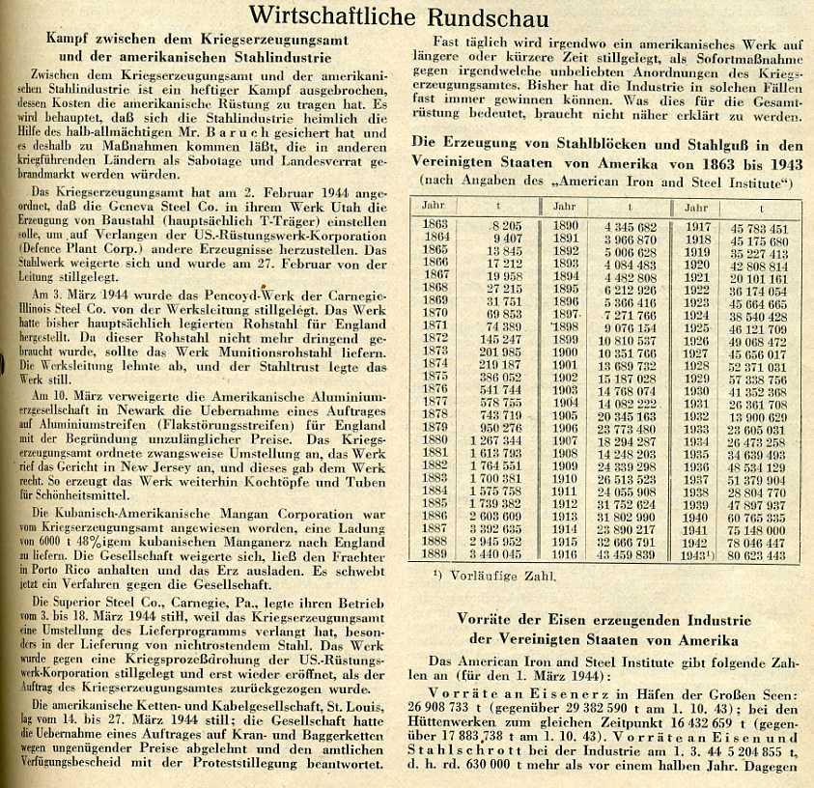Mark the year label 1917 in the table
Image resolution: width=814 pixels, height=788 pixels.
696,229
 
